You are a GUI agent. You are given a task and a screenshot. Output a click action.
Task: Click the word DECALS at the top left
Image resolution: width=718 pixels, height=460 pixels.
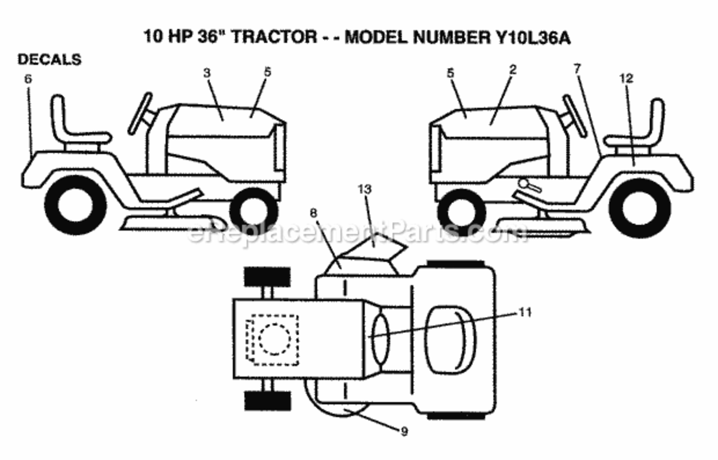[x=50, y=59]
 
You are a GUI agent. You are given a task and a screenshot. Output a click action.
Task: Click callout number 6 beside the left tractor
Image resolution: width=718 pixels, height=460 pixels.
[x=28, y=79]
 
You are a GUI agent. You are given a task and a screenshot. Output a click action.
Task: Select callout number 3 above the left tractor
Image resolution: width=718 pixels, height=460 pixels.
[x=207, y=73]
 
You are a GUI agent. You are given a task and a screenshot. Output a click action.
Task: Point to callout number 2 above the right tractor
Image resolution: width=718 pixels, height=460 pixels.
[x=513, y=69]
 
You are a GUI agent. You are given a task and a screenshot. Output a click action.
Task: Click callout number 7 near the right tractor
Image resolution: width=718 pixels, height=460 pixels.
[x=577, y=69]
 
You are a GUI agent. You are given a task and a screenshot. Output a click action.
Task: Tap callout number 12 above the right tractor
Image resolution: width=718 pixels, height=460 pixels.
[x=626, y=79]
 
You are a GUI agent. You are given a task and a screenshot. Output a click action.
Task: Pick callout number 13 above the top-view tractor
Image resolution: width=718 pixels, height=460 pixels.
[x=364, y=189]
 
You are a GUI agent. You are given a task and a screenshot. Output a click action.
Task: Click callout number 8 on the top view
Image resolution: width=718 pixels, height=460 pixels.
[x=313, y=213]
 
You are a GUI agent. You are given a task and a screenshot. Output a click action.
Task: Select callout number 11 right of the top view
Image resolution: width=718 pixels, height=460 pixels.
[x=525, y=312]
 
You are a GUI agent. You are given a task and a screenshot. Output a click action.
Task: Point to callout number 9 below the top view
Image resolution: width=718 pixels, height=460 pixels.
[x=404, y=432]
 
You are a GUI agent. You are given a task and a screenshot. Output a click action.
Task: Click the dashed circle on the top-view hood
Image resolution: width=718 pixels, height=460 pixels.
[x=274, y=340]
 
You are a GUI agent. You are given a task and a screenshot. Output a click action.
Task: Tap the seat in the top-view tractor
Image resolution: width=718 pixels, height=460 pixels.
[x=451, y=339]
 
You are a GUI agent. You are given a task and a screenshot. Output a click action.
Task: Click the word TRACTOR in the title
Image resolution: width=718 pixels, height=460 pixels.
[x=273, y=37]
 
